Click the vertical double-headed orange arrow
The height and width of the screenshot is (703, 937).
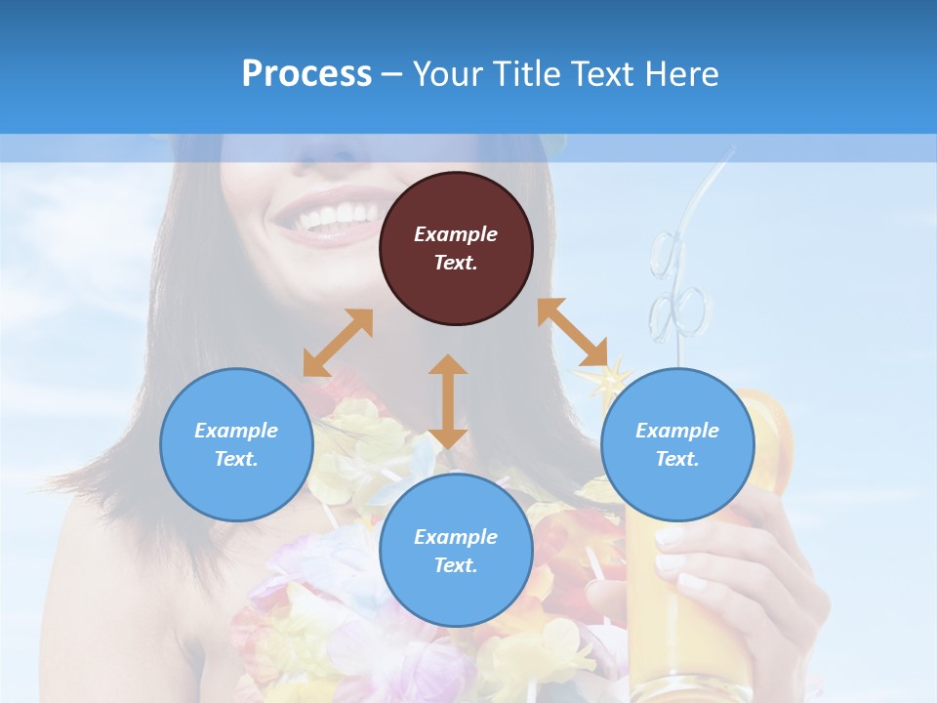coord(448,401)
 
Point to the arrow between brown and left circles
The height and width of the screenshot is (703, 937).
coord(338,343)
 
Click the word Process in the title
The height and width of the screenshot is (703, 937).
coord(306,74)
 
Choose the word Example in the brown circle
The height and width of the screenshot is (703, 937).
coord(456,234)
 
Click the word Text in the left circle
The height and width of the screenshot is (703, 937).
coord(236,459)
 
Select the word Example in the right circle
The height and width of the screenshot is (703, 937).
coord(677,431)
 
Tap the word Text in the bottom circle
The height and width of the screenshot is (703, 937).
coord(456,565)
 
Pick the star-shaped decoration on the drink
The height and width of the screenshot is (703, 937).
coord(599,379)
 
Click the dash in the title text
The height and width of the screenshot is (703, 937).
coord(392,75)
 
